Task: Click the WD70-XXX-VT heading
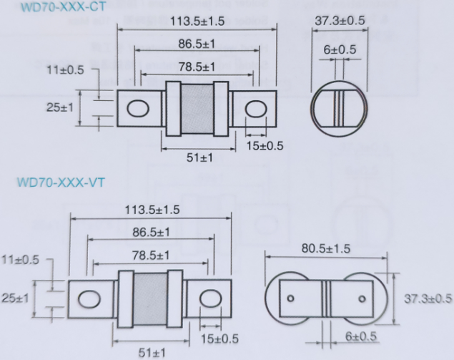coord(61,183)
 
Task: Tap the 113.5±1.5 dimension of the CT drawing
coord(197,21)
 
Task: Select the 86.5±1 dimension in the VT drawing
coord(151,232)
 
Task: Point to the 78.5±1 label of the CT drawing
coord(197,67)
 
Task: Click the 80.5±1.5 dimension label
coord(326,248)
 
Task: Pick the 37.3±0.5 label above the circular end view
coord(340,21)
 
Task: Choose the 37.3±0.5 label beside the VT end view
coord(428,298)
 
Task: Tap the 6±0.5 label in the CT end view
coord(340,49)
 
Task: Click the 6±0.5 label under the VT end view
coord(361,336)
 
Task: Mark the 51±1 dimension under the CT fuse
coord(199,157)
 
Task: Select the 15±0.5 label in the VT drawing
coord(219,339)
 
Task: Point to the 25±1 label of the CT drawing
coord(60,107)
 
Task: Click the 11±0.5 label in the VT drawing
coord(20,260)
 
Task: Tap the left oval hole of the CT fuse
coord(138,109)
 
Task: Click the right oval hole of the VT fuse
coord(210,298)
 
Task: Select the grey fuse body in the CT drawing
coord(197,108)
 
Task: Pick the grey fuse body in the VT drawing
coord(151,299)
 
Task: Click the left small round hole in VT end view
coord(290,298)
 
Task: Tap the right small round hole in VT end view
coord(362,298)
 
